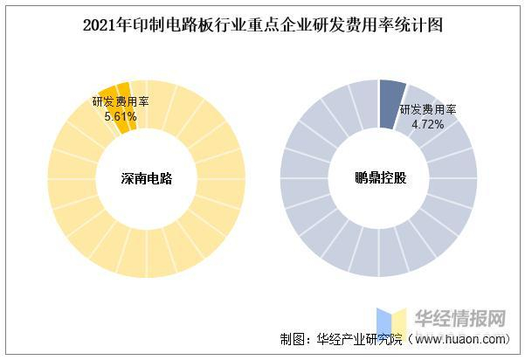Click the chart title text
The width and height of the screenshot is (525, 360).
[262, 25]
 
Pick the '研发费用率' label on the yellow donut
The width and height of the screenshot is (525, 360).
[121, 101]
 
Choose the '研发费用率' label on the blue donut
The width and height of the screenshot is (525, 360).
[429, 110]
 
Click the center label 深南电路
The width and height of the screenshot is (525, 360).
[146, 178]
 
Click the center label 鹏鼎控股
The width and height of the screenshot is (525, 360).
[379, 178]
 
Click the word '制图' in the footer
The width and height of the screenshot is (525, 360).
[293, 339]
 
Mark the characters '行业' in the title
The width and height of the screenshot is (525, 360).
[213, 25]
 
